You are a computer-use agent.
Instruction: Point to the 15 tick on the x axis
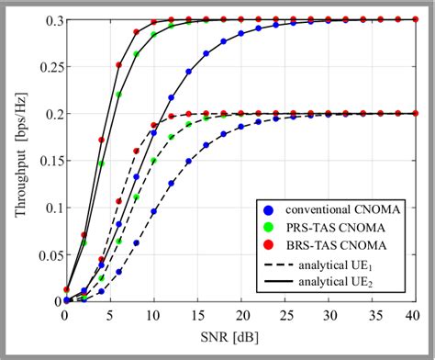[192, 317]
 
